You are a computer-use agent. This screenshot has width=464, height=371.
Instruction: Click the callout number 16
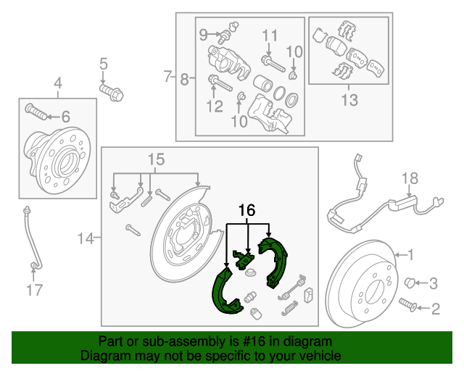point(247,210)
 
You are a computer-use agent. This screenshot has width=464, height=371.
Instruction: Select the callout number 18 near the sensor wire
point(410,178)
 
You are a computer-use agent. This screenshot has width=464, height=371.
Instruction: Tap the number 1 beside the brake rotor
point(410,254)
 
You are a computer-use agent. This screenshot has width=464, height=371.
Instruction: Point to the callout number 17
point(35,291)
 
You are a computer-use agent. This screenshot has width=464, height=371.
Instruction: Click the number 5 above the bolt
point(103,64)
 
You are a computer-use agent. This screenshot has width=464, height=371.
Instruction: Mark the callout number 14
point(86,237)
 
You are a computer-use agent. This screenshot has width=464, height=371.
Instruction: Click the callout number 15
point(157,159)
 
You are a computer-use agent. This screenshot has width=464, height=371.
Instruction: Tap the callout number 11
point(270,35)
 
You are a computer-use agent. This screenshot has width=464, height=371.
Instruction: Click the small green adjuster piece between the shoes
point(243,257)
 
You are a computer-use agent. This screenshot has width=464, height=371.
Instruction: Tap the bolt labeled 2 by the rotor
point(408,307)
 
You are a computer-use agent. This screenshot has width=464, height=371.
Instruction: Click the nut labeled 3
point(410,281)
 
